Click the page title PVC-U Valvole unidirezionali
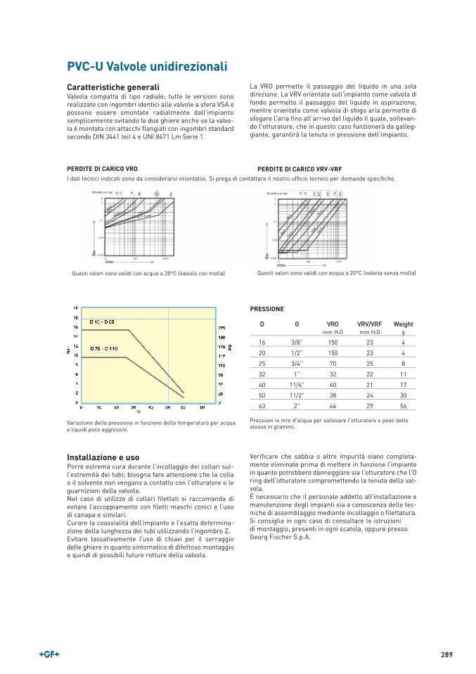click(146, 67)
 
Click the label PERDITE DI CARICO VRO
click(102, 170)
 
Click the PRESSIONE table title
click(267, 309)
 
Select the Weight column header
click(403, 324)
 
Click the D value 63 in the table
click(262, 407)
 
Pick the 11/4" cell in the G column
click(297, 385)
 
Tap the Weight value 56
click(403, 407)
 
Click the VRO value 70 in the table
click(333, 364)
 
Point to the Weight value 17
click(403, 385)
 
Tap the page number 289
click(446, 654)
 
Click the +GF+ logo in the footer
click(49, 654)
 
